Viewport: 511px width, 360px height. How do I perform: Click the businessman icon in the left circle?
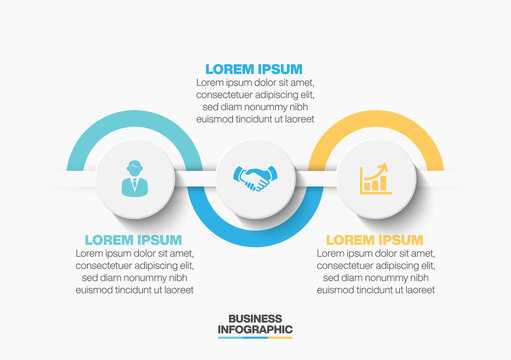click(134, 180)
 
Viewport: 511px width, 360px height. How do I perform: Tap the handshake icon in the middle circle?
click(254, 180)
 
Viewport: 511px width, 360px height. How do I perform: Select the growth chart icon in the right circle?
click(375, 180)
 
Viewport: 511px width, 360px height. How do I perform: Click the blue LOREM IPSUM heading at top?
click(254, 69)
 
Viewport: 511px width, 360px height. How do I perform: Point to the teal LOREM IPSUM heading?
click(133, 240)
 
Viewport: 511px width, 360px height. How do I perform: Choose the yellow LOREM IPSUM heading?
click(375, 240)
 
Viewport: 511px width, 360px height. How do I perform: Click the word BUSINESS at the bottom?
click(254, 318)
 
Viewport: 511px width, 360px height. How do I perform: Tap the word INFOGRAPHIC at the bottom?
click(254, 329)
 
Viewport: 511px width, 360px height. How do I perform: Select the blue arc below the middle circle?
click(255, 238)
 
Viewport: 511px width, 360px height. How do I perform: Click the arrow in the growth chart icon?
click(380, 171)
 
